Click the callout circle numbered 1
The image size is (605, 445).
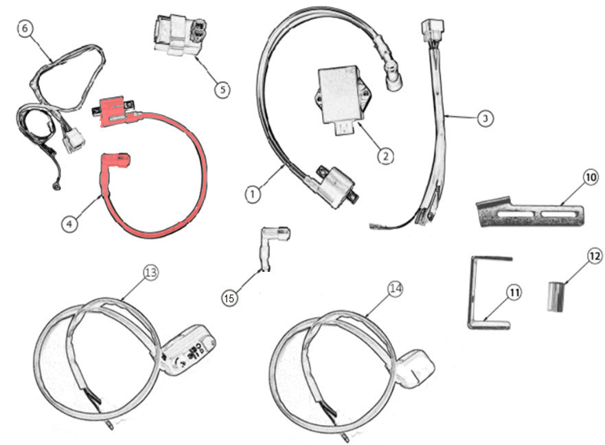click(253, 194)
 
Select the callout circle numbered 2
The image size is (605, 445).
click(385, 156)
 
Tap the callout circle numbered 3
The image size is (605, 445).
click(485, 118)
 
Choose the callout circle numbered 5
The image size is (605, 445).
click(221, 89)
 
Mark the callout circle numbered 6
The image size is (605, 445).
click(25, 29)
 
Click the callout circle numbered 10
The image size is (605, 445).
click(591, 178)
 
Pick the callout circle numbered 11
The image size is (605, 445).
click(514, 293)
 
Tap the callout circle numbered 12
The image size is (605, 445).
click(594, 256)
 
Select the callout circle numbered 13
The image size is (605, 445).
click(150, 273)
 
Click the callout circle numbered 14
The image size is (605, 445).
click(394, 290)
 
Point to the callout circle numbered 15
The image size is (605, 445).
click(230, 297)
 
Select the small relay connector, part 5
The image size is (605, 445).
click(177, 34)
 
